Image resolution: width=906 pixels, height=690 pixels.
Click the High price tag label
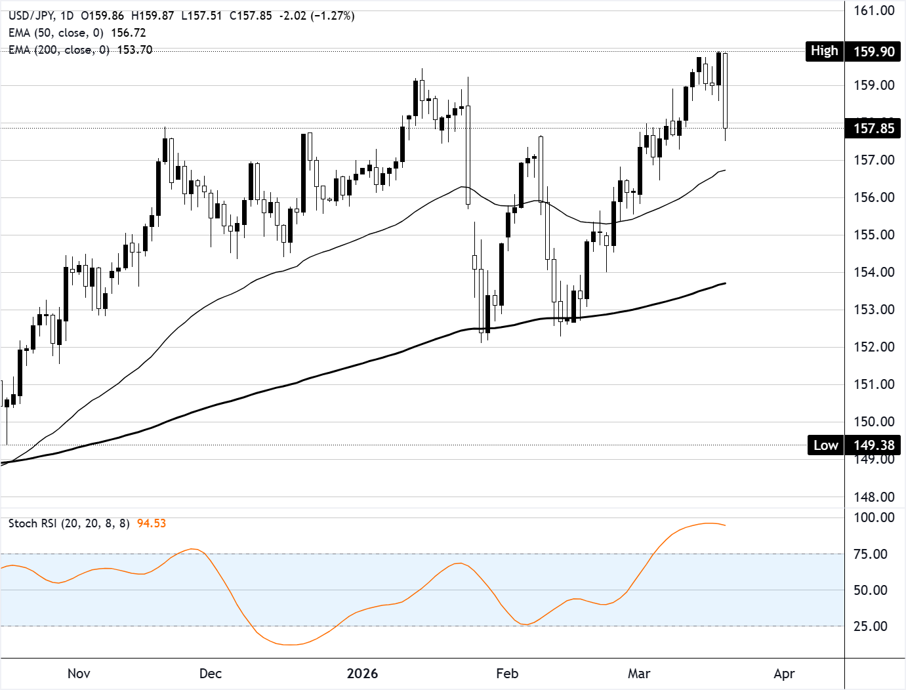coord(824,51)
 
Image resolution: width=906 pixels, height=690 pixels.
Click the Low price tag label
coord(825,445)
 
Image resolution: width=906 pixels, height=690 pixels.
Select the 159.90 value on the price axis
coord(874,52)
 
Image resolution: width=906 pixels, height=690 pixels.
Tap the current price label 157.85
coord(874,129)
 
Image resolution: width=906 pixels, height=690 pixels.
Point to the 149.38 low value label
coord(874,445)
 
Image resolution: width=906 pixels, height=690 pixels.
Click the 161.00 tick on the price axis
coord(874,10)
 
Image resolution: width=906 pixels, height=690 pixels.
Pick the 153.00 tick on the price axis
coord(874,310)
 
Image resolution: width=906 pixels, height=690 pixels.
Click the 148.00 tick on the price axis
coord(874,497)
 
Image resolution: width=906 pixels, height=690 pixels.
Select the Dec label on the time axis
coord(211,674)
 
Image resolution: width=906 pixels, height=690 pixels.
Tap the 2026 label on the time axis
coord(363,674)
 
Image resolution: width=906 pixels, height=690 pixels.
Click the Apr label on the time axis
coord(784,674)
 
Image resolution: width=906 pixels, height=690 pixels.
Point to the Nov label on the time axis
coord(79,674)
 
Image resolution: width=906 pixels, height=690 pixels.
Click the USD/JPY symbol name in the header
coord(30,16)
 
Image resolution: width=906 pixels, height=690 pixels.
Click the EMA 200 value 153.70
coord(134,50)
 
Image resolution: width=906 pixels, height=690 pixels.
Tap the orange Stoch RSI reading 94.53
coord(152,523)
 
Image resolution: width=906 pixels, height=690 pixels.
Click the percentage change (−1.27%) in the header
coord(333,16)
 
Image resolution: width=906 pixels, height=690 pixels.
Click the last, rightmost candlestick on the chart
coord(725,91)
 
